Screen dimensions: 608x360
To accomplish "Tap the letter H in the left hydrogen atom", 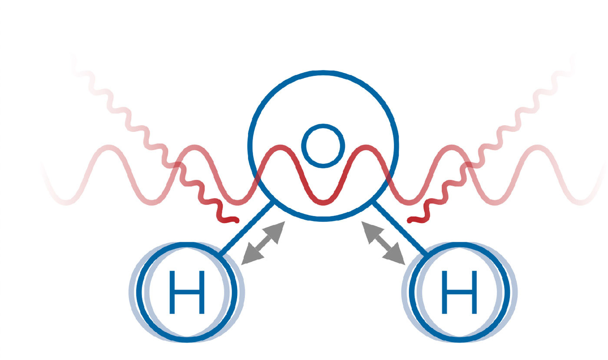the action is click(x=187, y=292).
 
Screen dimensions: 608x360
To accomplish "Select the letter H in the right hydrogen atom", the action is click(x=459, y=292).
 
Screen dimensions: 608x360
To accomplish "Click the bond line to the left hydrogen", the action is click(x=246, y=228).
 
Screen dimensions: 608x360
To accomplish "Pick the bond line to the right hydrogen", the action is click(x=400, y=228).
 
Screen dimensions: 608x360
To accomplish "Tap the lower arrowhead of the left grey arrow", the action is click(x=251, y=255).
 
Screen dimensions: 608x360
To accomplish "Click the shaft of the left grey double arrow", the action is click(x=263, y=243).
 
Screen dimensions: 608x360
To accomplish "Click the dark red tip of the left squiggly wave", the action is click(x=235, y=220).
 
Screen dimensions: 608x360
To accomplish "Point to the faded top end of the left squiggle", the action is click(x=73, y=56).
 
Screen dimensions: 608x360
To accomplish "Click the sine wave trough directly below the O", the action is click(x=323, y=202).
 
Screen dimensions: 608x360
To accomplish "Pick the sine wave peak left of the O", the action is click(x=280, y=148).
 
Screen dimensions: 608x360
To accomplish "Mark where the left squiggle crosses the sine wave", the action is click(x=178, y=165).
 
